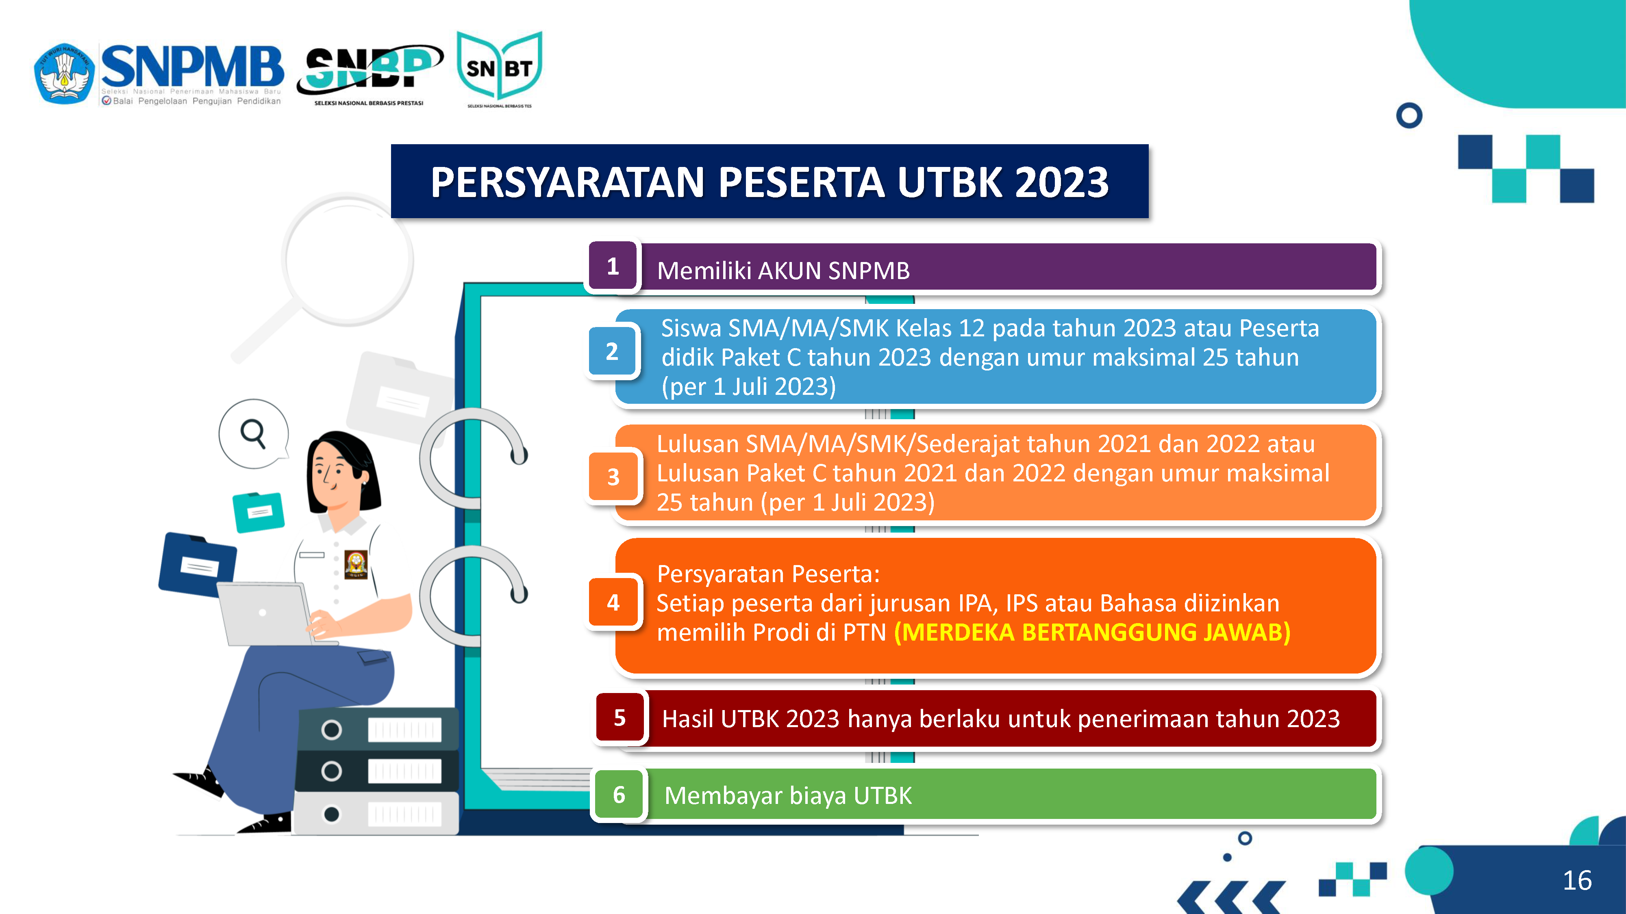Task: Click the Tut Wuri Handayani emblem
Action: (x=64, y=73)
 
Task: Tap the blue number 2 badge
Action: (x=612, y=351)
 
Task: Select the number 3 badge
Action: (x=613, y=477)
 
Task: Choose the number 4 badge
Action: (x=613, y=602)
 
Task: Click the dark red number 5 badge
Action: (x=620, y=717)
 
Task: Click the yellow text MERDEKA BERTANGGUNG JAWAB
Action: (x=1092, y=632)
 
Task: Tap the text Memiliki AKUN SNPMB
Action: (x=783, y=271)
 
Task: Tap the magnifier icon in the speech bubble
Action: (x=253, y=434)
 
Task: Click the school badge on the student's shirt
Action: (x=356, y=564)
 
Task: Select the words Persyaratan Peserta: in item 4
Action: (x=768, y=574)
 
